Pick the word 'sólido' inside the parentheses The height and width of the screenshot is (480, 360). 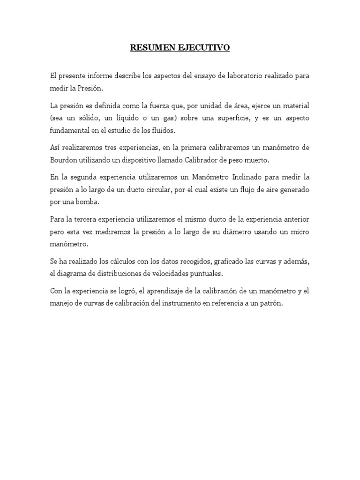tap(99, 118)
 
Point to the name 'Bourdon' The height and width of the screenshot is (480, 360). tap(64, 160)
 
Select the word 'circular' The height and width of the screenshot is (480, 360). tap(158, 189)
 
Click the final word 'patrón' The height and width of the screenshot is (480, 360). tap(272, 304)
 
